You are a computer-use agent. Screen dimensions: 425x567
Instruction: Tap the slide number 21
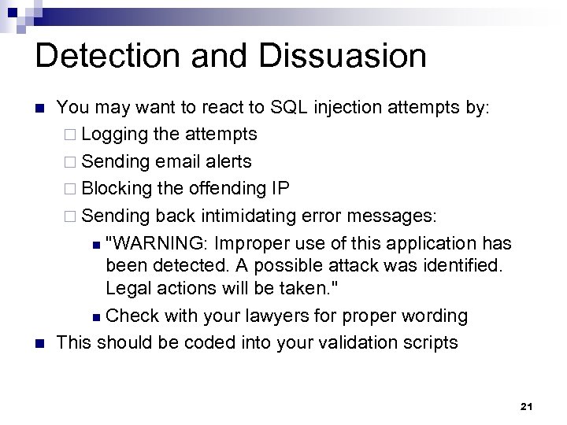coord(528,406)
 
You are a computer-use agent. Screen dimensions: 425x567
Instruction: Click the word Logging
coord(117,135)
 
